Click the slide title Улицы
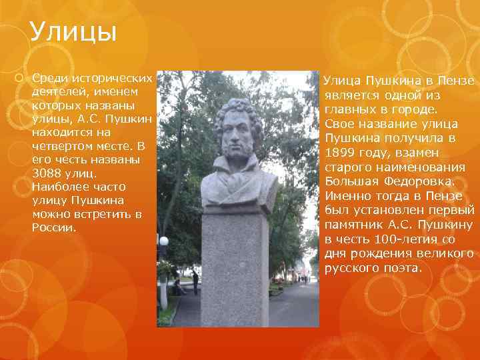click(x=73, y=31)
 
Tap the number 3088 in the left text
click(x=47, y=173)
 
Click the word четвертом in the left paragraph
click(x=63, y=146)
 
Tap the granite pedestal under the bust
click(x=234, y=267)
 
